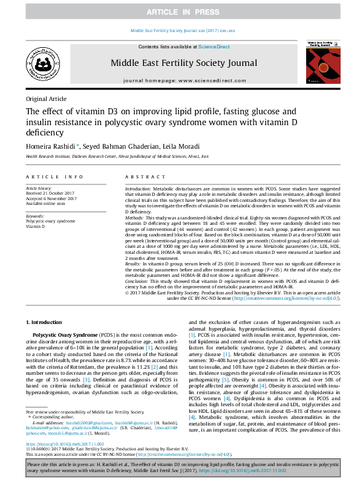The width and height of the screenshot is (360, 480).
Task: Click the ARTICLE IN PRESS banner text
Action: click(x=180, y=12)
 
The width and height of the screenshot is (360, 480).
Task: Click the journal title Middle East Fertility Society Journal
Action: click(x=183, y=63)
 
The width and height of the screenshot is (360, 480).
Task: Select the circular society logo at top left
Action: click(x=41, y=63)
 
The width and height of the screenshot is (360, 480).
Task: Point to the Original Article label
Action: click(x=46, y=99)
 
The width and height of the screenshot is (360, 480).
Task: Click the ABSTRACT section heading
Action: click(x=143, y=177)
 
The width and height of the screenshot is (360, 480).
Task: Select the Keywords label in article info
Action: click(x=35, y=216)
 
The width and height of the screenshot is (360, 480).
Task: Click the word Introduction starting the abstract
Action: click(x=139, y=189)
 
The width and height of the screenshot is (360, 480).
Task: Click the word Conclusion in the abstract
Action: click(x=139, y=282)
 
